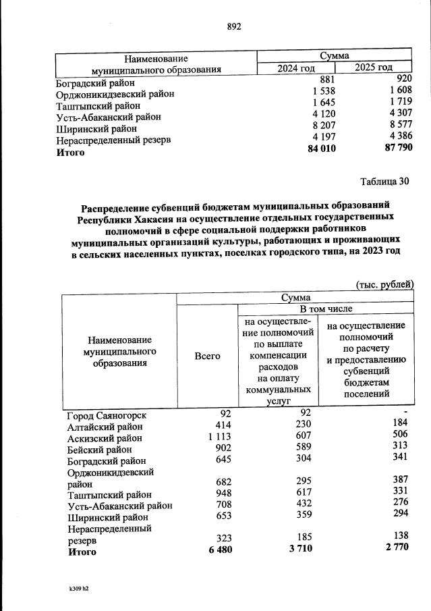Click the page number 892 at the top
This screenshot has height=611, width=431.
pos(234,26)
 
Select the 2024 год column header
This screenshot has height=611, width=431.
pos(296,67)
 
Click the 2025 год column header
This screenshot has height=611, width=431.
pos(374,67)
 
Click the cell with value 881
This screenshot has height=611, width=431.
pos(328,80)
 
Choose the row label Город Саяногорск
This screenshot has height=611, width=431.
pos(107,415)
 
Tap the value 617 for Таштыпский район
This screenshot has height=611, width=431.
pos(299,494)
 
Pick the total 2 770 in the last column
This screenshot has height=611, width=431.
pos(397,550)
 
